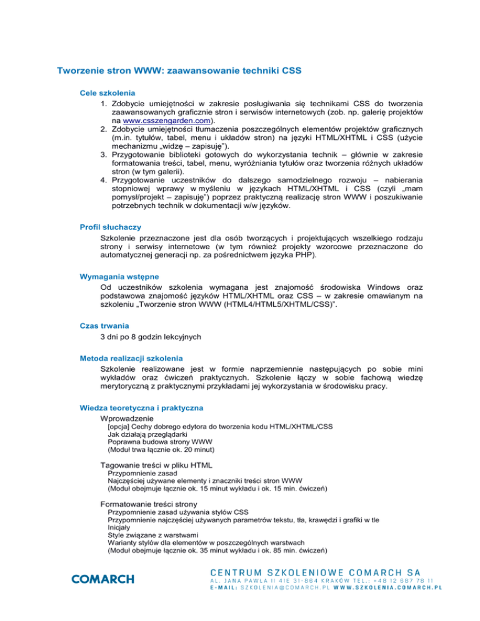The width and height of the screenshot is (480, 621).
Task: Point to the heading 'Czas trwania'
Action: [98, 325]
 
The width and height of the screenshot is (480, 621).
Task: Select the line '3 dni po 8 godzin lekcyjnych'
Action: [151, 336]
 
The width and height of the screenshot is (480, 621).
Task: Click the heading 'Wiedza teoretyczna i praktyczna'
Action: [137, 407]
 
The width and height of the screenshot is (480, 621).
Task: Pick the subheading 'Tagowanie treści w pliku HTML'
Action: [156, 465]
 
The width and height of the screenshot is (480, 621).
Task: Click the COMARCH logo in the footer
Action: [103, 579]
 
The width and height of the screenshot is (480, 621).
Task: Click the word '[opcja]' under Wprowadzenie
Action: [119, 426]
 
